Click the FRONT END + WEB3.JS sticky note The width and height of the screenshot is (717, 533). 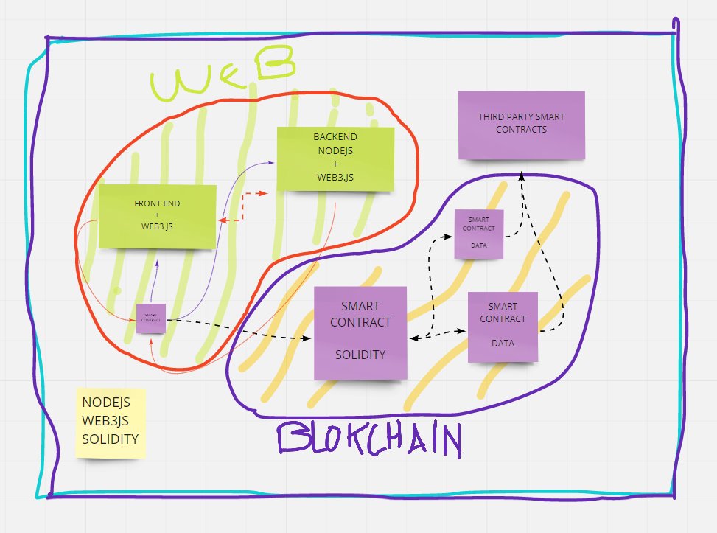[157, 217]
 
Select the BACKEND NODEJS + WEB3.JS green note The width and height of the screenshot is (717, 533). [335, 159]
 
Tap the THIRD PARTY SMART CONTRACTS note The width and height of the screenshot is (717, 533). [521, 124]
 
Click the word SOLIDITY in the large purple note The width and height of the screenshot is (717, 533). [360, 355]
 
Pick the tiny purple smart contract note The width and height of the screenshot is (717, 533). [151, 318]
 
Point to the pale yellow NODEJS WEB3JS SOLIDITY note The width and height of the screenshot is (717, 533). [111, 423]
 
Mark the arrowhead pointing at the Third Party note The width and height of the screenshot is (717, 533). [521, 175]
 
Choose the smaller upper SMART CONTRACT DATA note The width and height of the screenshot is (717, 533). [479, 234]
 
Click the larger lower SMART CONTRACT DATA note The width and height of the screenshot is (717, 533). [503, 327]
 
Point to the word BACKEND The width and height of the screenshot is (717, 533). [335, 137]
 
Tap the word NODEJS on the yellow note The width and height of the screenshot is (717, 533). [106, 403]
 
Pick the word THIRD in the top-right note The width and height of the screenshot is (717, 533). [492, 117]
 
